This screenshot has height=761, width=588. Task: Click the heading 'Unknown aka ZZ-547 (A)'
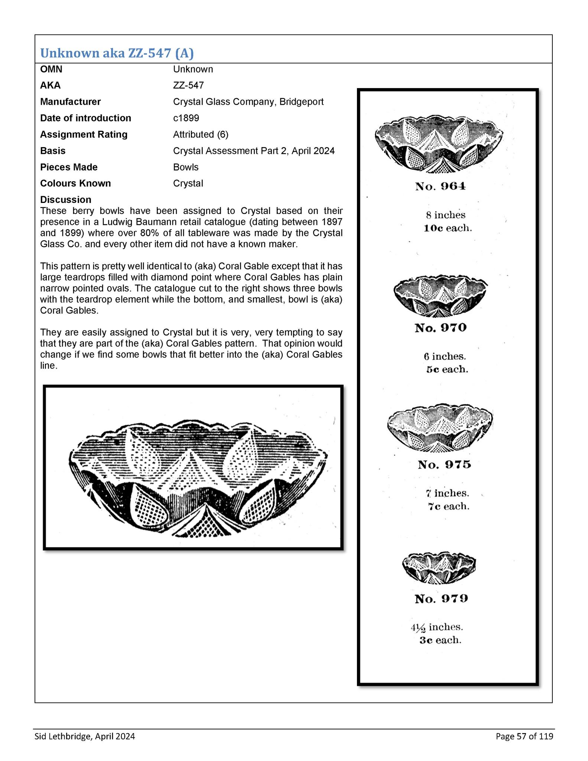(117, 54)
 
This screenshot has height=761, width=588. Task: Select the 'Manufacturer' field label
(70, 102)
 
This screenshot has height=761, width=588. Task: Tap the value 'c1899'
(186, 118)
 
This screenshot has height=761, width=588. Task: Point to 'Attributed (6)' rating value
(201, 135)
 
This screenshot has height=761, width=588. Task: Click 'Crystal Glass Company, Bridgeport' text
(248, 102)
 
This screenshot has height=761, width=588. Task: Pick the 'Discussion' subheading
(65, 200)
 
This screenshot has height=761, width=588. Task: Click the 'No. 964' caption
(440, 186)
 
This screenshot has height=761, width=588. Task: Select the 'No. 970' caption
(441, 328)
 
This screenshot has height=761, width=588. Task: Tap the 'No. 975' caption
(444, 464)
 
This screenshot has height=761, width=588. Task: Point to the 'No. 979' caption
(441, 599)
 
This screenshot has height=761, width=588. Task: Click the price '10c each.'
(448, 228)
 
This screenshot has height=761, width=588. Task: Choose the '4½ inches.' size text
(437, 627)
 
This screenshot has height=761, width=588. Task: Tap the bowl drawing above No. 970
(440, 296)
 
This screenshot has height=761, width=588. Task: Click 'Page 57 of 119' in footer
(524, 736)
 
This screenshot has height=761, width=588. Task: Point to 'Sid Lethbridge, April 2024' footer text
(85, 736)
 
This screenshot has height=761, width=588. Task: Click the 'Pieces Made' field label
(69, 167)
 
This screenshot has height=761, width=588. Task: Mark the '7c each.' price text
(448, 506)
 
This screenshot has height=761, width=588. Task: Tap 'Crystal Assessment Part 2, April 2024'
(254, 151)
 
